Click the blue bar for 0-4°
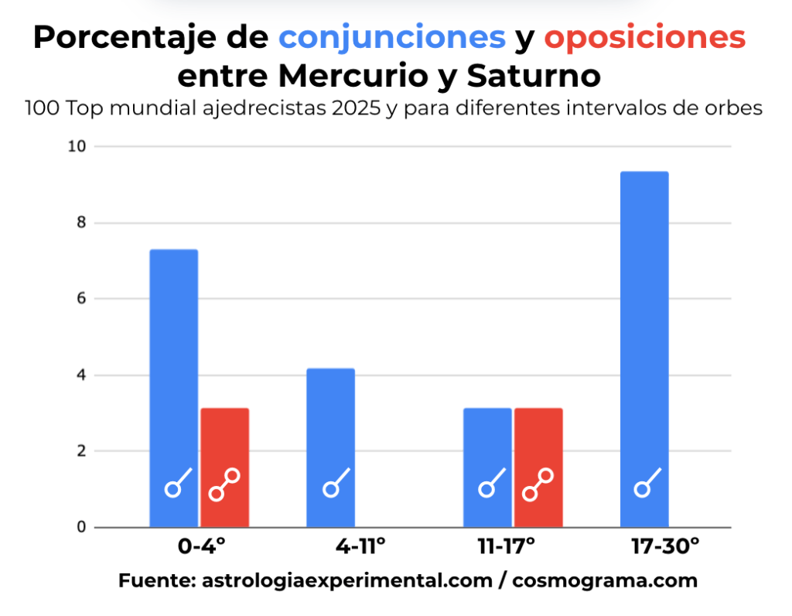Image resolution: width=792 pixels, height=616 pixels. (x=173, y=387)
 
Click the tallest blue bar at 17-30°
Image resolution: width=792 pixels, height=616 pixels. (x=643, y=348)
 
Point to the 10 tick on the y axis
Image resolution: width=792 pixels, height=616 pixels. (x=77, y=146)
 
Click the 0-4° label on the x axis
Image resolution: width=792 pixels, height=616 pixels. (x=201, y=547)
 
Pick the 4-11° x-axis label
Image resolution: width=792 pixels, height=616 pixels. (x=360, y=547)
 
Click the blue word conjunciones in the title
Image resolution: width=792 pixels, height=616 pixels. (x=393, y=36)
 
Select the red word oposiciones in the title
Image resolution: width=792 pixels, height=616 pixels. (x=645, y=36)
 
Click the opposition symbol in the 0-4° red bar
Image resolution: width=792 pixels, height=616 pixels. (x=224, y=484)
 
